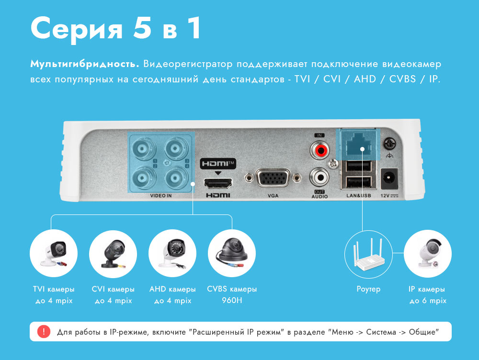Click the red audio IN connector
(x=319, y=150)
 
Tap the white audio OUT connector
(x=319, y=177)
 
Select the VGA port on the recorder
(x=273, y=178)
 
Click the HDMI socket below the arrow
(x=218, y=183)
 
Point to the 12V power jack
(x=389, y=179)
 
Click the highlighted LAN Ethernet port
(x=359, y=144)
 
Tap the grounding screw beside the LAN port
(x=389, y=143)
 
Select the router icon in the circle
(x=369, y=254)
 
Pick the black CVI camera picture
(x=114, y=253)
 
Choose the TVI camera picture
(x=54, y=253)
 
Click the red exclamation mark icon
(x=44, y=332)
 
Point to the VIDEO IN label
(x=160, y=196)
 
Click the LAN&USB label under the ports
(x=359, y=196)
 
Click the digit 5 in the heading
(x=142, y=27)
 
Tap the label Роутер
(x=368, y=289)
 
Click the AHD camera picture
(x=172, y=253)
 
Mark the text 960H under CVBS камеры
(x=232, y=301)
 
